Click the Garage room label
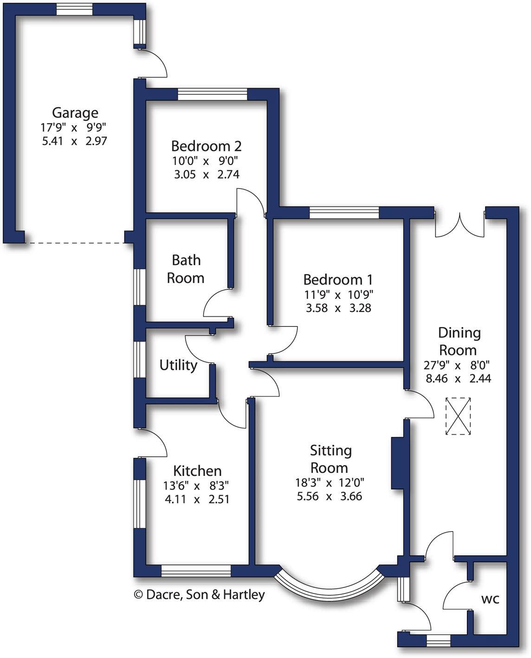pos(75,113)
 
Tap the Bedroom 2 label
pos(206,146)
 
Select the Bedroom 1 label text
pos(337,280)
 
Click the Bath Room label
pos(186,269)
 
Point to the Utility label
pos(178,365)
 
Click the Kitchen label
pos(197,471)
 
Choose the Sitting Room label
pos(330,459)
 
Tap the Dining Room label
pos(459,341)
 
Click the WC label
pos(490,599)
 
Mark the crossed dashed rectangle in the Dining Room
pos(458,416)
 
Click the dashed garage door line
pos(74,243)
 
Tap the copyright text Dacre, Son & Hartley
pos(199,594)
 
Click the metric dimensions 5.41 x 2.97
pos(74,141)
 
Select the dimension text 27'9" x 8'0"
pos(457,365)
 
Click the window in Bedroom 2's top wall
pos(213,94)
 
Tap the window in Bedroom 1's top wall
pos(344,213)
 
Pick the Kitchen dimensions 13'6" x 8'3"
pos(195,486)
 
